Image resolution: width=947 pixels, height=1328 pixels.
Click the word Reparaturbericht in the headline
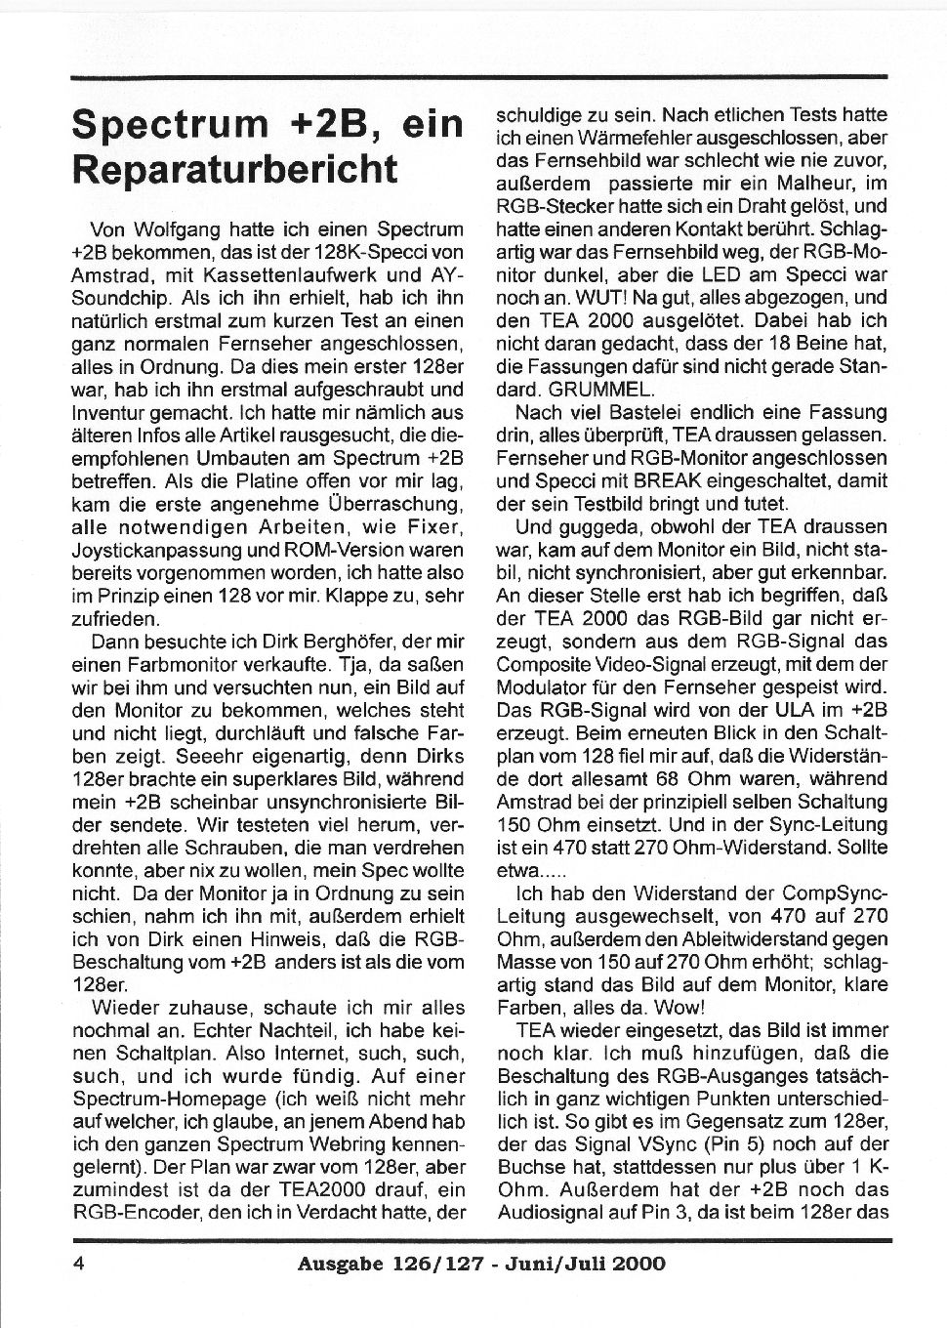click(235, 167)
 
